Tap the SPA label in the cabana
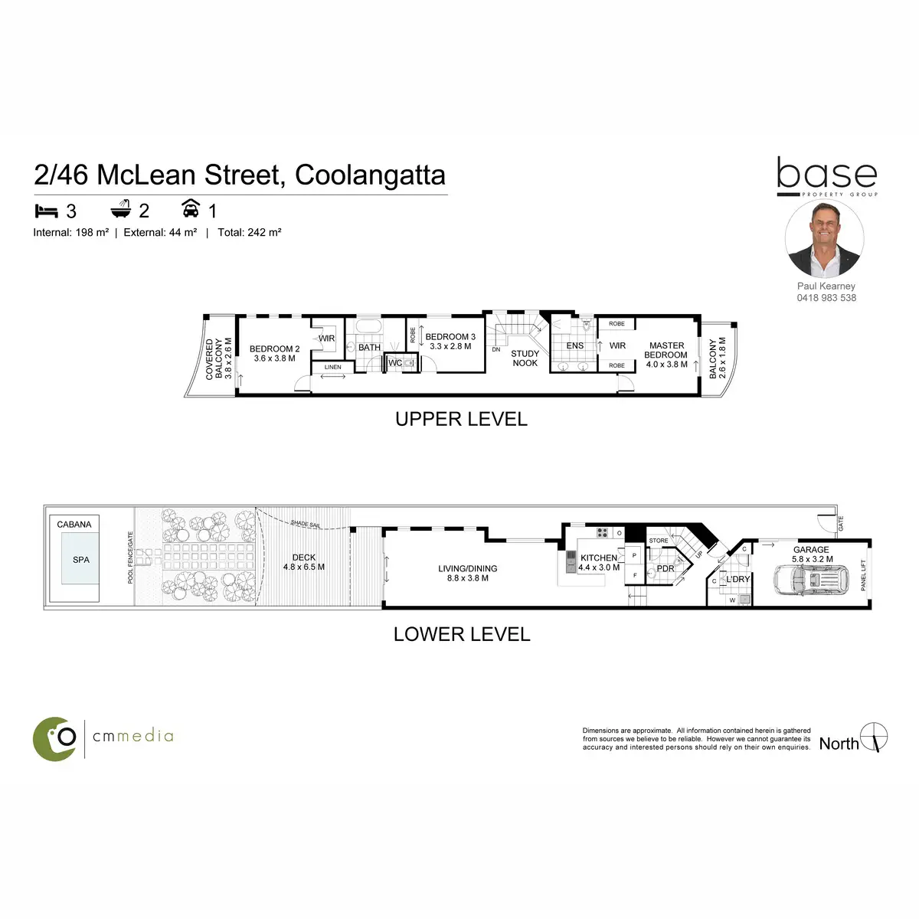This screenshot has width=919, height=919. pos(81,560)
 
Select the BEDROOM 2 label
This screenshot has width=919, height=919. pos(275,353)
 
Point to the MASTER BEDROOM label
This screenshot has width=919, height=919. pos(666,355)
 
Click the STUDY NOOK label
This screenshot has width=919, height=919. pos(525,358)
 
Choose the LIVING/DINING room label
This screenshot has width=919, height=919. pos(468,573)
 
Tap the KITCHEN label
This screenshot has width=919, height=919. pos(599,558)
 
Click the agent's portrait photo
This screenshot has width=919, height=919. pos(825,239)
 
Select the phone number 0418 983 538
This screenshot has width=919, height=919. pos(826,298)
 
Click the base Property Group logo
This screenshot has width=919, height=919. pos(827,177)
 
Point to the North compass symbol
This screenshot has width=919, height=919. pos(874,737)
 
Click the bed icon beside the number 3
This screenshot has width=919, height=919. pos(47,210)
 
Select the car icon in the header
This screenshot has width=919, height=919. pos(191,208)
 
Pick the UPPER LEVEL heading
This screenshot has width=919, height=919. pos(461,420)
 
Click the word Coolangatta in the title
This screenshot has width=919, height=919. pos(370,175)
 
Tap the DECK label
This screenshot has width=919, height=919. pos(304,562)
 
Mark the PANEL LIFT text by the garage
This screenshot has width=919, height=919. pos(864,575)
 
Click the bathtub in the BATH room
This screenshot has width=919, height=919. pos(370,327)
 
